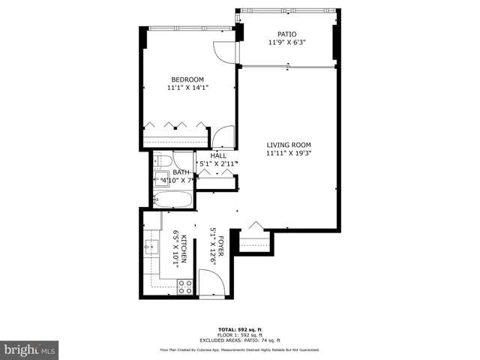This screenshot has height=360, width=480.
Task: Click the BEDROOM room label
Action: [x=187, y=79]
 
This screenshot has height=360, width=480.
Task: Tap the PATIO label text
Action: [x=287, y=34]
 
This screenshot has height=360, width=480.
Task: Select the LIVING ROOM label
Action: [x=289, y=145]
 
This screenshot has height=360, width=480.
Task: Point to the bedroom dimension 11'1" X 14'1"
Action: [x=187, y=88]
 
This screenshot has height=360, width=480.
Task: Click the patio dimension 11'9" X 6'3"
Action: [x=287, y=43]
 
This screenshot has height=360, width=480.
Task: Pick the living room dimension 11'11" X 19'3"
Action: [x=289, y=154]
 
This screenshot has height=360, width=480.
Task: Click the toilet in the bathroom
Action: [x=165, y=160]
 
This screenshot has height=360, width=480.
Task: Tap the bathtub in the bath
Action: [x=172, y=200]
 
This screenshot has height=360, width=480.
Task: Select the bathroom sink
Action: [x=161, y=178]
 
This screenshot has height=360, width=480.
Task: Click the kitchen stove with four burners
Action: [x=184, y=286]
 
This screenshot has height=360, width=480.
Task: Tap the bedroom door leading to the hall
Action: [x=223, y=138]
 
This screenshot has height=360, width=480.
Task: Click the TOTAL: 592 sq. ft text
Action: [x=240, y=329]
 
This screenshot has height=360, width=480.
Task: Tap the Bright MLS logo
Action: [x=30, y=349]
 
